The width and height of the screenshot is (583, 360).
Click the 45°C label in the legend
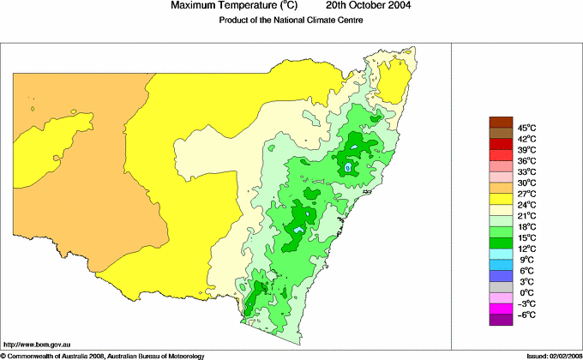527,128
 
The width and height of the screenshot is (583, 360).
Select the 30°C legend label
527,183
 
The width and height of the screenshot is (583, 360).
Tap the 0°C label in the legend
527,292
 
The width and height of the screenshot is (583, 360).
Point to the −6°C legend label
527,315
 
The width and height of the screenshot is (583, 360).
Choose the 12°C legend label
527,249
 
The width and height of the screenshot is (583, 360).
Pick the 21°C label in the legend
527,216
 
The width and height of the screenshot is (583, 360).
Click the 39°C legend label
527,150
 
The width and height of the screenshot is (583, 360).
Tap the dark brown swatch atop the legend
500,122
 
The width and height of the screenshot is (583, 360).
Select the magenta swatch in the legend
500,309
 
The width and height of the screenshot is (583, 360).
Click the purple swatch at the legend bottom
500,320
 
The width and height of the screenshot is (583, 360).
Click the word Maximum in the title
194,6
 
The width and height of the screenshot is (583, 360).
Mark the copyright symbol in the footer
3,355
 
